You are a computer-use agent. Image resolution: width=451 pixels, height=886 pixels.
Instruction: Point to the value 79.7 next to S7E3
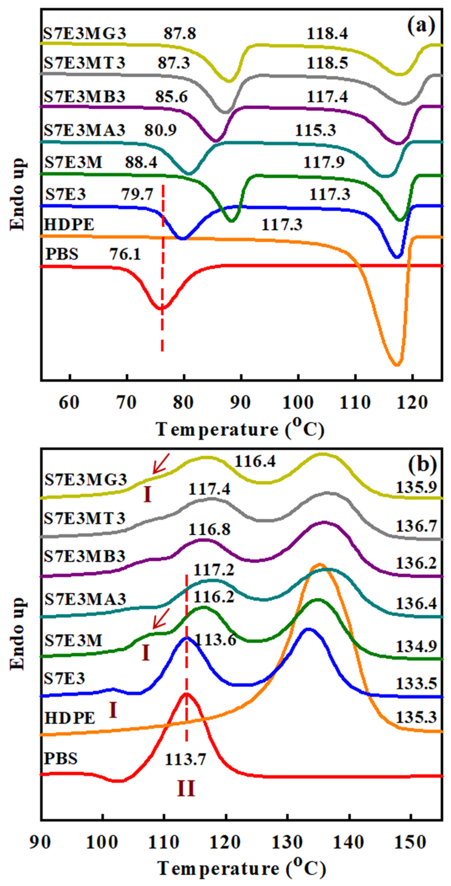pos(137,195)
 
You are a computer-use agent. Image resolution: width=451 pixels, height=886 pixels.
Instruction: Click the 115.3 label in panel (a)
pos(315,130)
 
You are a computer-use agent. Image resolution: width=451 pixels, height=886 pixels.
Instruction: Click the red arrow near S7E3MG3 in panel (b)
pos(161,463)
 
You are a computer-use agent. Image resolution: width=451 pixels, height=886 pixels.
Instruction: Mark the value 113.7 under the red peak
pos(185,759)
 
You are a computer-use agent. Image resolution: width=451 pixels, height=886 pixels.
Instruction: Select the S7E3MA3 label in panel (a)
pos(85,130)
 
